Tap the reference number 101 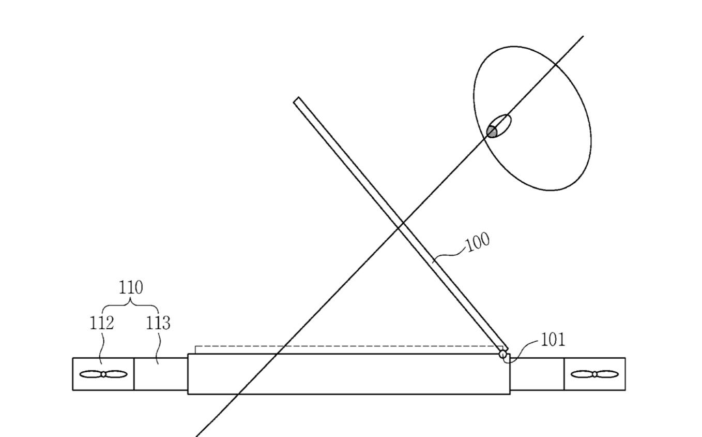pos(553,340)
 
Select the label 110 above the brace pos(131,287)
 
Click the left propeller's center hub pos(103,374)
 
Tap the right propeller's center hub pos(594,374)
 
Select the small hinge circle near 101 pos(502,355)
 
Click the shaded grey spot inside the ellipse pos(492,131)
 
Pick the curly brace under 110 pos(131,305)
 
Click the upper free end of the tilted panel pos(297,100)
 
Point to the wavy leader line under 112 pos(102,348)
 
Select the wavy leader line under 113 pos(159,348)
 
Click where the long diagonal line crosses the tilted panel pos(400,225)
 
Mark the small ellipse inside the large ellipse pos(499,126)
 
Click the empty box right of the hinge pos(537,374)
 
